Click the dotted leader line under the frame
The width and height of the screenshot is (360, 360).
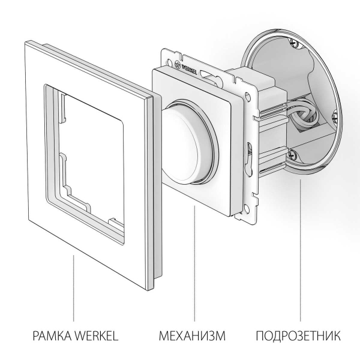[74, 288]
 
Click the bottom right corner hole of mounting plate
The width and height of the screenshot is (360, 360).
[244, 208]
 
